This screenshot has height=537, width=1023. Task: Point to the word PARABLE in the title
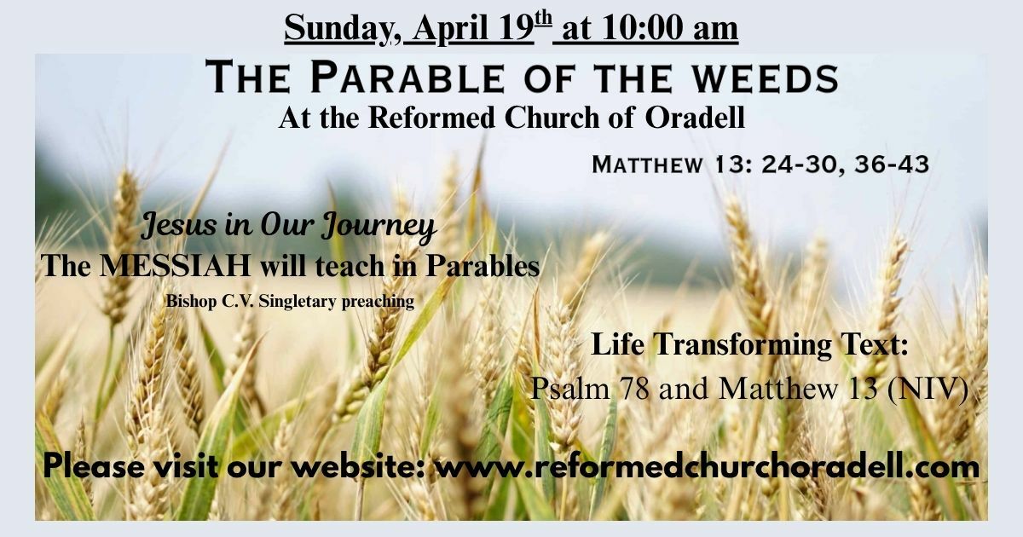point(407,78)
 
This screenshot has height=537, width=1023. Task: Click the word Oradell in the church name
point(695,118)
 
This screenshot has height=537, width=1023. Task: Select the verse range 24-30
point(803,165)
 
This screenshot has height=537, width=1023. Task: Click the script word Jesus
point(179,226)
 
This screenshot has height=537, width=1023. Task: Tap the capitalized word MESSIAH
point(176,265)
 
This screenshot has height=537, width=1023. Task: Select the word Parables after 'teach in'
point(483,265)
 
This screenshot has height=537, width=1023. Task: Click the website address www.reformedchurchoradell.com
point(708,467)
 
